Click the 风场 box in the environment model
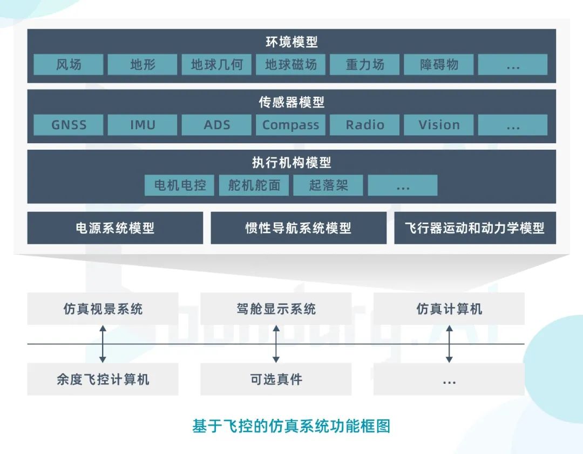click(x=69, y=65)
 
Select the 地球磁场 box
click(x=290, y=65)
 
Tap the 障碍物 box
click(x=439, y=65)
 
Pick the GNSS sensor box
click(x=69, y=125)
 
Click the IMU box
click(x=143, y=125)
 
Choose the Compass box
click(x=290, y=125)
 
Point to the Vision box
click(x=439, y=125)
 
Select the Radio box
click(x=365, y=125)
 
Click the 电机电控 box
click(x=180, y=185)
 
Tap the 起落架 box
click(x=328, y=185)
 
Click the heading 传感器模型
click(x=291, y=102)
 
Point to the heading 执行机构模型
click(x=291, y=162)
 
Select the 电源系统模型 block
click(x=115, y=228)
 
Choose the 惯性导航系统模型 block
click(x=299, y=228)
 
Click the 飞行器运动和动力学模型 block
click(x=475, y=228)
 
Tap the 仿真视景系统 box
click(x=103, y=309)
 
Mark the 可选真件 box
click(x=276, y=379)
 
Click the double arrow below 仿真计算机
click(x=449, y=344)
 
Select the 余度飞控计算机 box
click(x=103, y=379)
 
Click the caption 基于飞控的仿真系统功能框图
click(x=291, y=426)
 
